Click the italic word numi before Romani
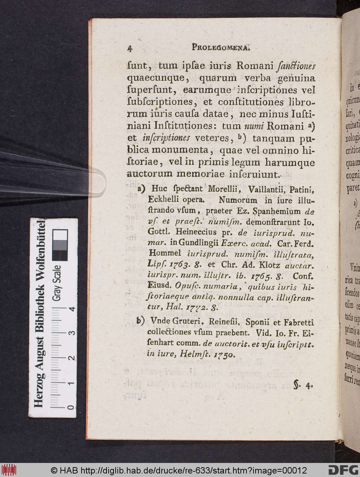tap(236, 126)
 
